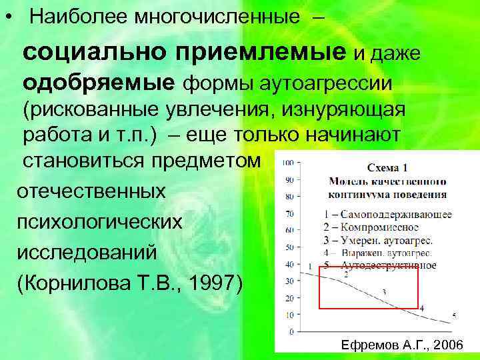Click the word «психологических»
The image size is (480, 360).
tap(99, 221)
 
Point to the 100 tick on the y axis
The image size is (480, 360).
tap(289, 163)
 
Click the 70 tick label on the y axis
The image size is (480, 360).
tap(289, 214)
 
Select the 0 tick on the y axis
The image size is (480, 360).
tap(291, 331)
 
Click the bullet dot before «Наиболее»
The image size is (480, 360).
tap(8, 17)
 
